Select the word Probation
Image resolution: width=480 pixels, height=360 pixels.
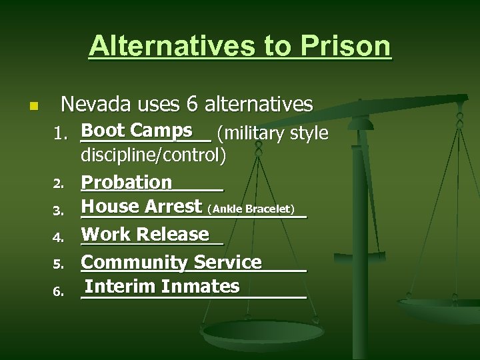point(127,182)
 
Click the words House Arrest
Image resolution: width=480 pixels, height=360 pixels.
point(141,207)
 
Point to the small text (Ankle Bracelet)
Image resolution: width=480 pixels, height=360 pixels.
point(251,209)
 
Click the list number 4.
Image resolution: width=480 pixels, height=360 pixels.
point(59,237)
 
